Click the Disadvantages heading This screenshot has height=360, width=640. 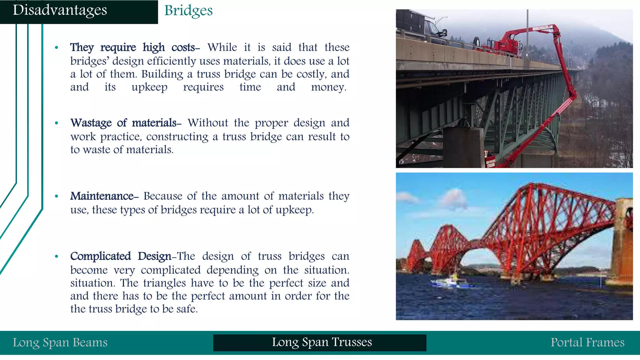(60, 10)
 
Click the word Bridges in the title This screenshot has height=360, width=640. (188, 11)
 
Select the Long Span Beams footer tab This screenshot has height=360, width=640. (60, 342)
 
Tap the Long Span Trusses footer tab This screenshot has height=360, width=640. (322, 342)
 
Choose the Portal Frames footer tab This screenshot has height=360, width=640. (587, 342)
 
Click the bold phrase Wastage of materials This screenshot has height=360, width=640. (124, 123)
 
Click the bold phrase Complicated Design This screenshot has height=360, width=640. (121, 256)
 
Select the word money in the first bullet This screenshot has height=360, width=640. (328, 87)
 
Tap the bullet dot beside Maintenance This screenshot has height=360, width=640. (57, 197)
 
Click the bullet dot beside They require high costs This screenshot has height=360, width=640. (57, 48)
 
